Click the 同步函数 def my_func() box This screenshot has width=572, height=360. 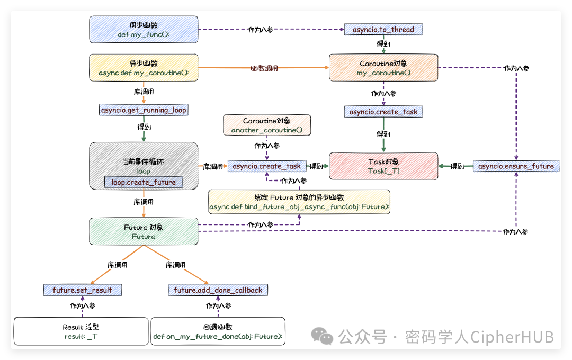(x=144, y=29)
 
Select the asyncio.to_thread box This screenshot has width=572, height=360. (x=383, y=30)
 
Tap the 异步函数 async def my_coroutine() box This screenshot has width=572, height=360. (x=144, y=67)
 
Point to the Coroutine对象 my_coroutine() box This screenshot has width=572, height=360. (x=383, y=67)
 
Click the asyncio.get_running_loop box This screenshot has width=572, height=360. (x=144, y=110)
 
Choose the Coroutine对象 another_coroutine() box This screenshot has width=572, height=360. (x=266, y=125)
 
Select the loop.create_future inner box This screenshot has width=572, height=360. (x=144, y=182)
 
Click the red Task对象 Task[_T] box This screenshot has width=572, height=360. (x=383, y=166)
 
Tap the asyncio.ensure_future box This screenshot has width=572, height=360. (x=515, y=166)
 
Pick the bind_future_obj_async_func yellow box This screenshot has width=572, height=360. (x=299, y=202)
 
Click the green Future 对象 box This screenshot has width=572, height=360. (x=144, y=231)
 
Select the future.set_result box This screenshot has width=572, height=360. (x=83, y=290)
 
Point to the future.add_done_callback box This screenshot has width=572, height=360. (x=218, y=290)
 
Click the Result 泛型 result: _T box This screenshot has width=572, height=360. (x=81, y=331)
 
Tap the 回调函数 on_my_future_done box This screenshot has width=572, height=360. (x=218, y=331)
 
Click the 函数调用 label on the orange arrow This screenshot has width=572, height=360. (x=264, y=68)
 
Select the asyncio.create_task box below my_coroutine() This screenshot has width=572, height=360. (x=383, y=112)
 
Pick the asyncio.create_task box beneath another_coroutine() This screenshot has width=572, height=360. (x=266, y=166)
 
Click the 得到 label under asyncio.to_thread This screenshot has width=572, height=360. (x=383, y=43)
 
